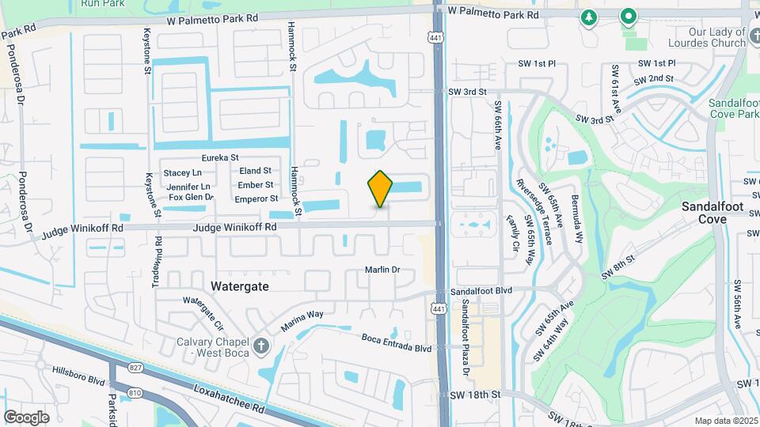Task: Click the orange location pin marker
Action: pyautogui.click(x=381, y=188)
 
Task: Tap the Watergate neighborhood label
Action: pyautogui.click(x=239, y=285)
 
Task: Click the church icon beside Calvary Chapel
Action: pyautogui.click(x=261, y=346)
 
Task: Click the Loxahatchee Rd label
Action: pyautogui.click(x=229, y=399)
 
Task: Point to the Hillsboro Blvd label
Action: pyautogui.click(x=78, y=375)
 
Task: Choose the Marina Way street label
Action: pyautogui.click(x=304, y=320)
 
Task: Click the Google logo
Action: pyautogui.click(x=26, y=417)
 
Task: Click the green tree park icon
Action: pyautogui.click(x=588, y=17)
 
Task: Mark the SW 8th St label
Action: pyautogui.click(x=618, y=266)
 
